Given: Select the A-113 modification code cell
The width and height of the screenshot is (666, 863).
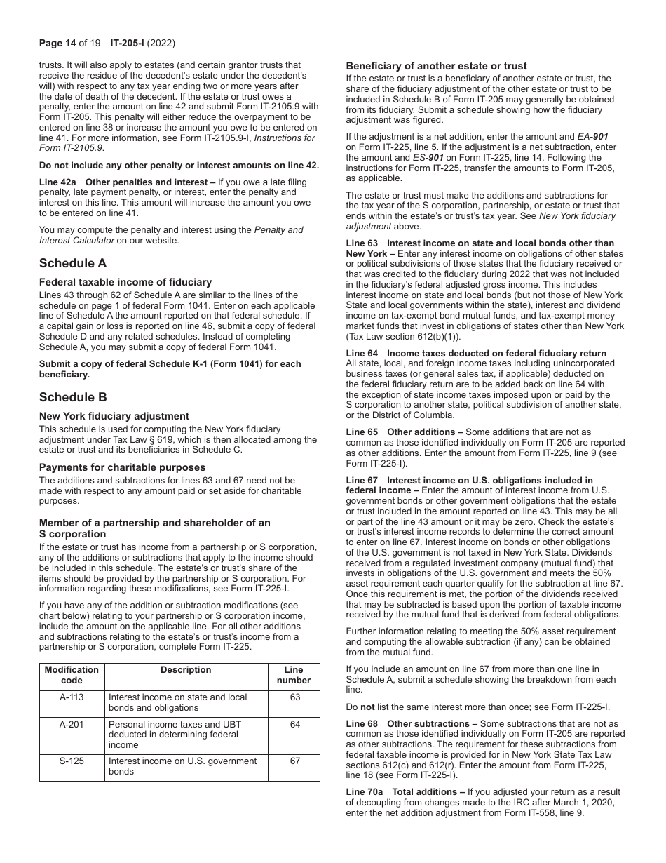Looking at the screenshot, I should [72, 697].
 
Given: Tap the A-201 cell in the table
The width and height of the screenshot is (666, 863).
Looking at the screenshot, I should [72, 723].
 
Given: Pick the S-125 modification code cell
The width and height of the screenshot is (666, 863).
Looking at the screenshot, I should [72, 761].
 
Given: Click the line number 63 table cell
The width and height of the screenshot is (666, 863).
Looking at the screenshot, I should [294, 697].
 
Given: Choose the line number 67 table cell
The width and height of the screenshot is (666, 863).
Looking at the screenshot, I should [294, 761].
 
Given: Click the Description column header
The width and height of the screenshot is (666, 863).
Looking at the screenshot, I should [186, 670].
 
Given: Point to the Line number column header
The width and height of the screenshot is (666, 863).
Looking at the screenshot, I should [294, 675].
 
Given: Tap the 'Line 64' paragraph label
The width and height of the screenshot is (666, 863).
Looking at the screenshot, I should [362, 353].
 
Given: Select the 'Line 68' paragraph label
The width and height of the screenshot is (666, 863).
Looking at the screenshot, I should [362, 723].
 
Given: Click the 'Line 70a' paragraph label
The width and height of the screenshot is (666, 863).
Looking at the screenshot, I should [364, 791].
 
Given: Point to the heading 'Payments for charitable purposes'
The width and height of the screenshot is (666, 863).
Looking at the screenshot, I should [122, 467].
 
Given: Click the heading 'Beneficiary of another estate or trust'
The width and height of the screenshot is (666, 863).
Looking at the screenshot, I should [436, 66].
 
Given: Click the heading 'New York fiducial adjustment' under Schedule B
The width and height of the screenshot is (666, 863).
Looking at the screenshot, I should [114, 416].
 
